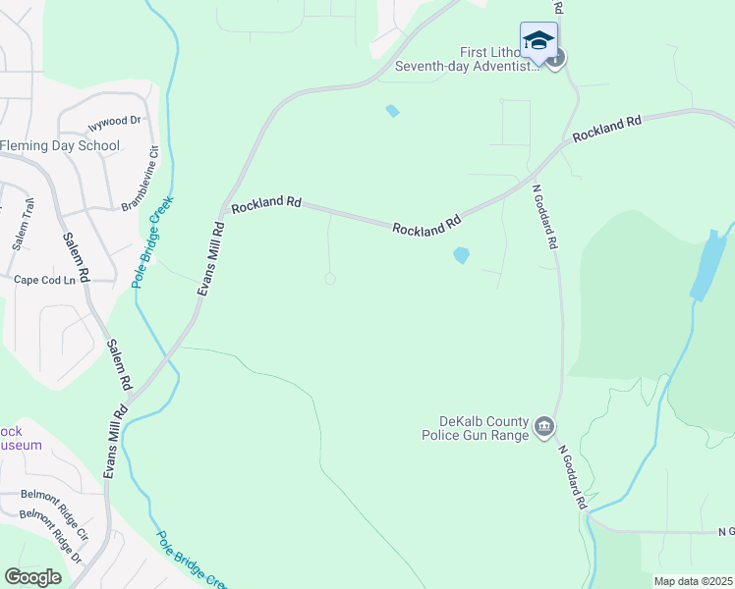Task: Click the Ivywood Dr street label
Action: (115, 122)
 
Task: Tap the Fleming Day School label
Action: (60, 146)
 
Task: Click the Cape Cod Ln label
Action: (44, 281)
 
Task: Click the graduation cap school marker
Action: (537, 41)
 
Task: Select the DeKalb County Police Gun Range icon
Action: (544, 427)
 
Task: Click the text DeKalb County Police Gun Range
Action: (476, 427)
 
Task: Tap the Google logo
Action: (32, 576)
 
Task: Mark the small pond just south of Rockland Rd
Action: (460, 255)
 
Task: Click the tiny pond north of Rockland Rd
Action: (393, 111)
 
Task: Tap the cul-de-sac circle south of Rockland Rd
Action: (330, 279)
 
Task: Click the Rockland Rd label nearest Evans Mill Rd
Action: (265, 202)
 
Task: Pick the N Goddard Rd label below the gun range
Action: (573, 477)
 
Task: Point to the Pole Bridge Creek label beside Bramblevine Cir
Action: (152, 241)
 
